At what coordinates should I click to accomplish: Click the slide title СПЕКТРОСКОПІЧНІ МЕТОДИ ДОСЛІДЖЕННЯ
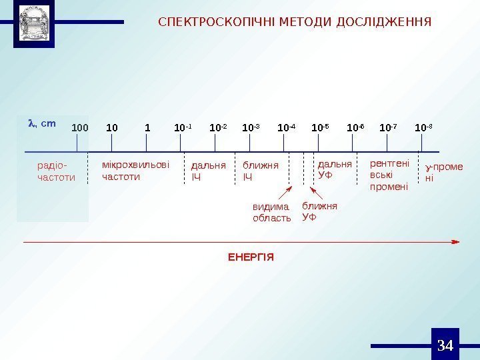tap(295, 22)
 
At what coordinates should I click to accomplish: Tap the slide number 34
tap(445, 345)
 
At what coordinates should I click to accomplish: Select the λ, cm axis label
tap(41, 123)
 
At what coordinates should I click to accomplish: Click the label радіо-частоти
tap(56, 171)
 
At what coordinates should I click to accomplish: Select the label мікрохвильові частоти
tap(135, 171)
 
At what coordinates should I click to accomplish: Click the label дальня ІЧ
tap(209, 171)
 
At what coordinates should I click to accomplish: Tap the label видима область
tap(271, 213)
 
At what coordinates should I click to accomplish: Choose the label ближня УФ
tap(319, 211)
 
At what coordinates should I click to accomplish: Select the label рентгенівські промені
tap(389, 175)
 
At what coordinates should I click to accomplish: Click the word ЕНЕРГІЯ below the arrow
tap(251, 257)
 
